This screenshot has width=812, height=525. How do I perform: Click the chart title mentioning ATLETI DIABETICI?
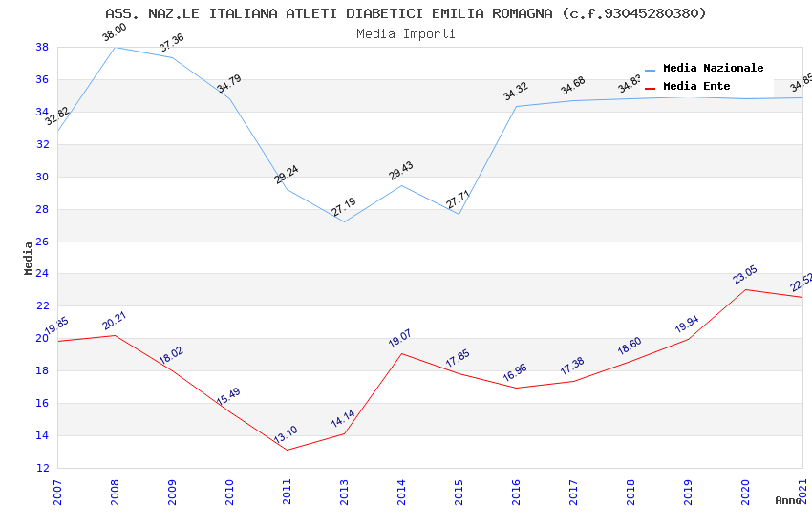406,13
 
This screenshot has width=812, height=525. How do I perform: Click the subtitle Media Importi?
406,33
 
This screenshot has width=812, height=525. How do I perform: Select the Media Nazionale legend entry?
713,68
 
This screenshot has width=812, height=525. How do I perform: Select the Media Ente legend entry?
696,86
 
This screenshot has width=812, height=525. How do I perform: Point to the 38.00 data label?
115,33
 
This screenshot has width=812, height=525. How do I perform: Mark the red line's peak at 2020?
745,289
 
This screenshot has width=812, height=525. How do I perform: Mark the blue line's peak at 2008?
115,47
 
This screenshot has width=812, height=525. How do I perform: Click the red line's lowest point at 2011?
287,450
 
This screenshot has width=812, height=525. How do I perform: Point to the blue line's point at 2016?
516,106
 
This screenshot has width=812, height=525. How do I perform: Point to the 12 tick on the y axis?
43,468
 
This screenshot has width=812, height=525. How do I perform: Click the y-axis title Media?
29,258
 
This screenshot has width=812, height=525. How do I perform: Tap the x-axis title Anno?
788,500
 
